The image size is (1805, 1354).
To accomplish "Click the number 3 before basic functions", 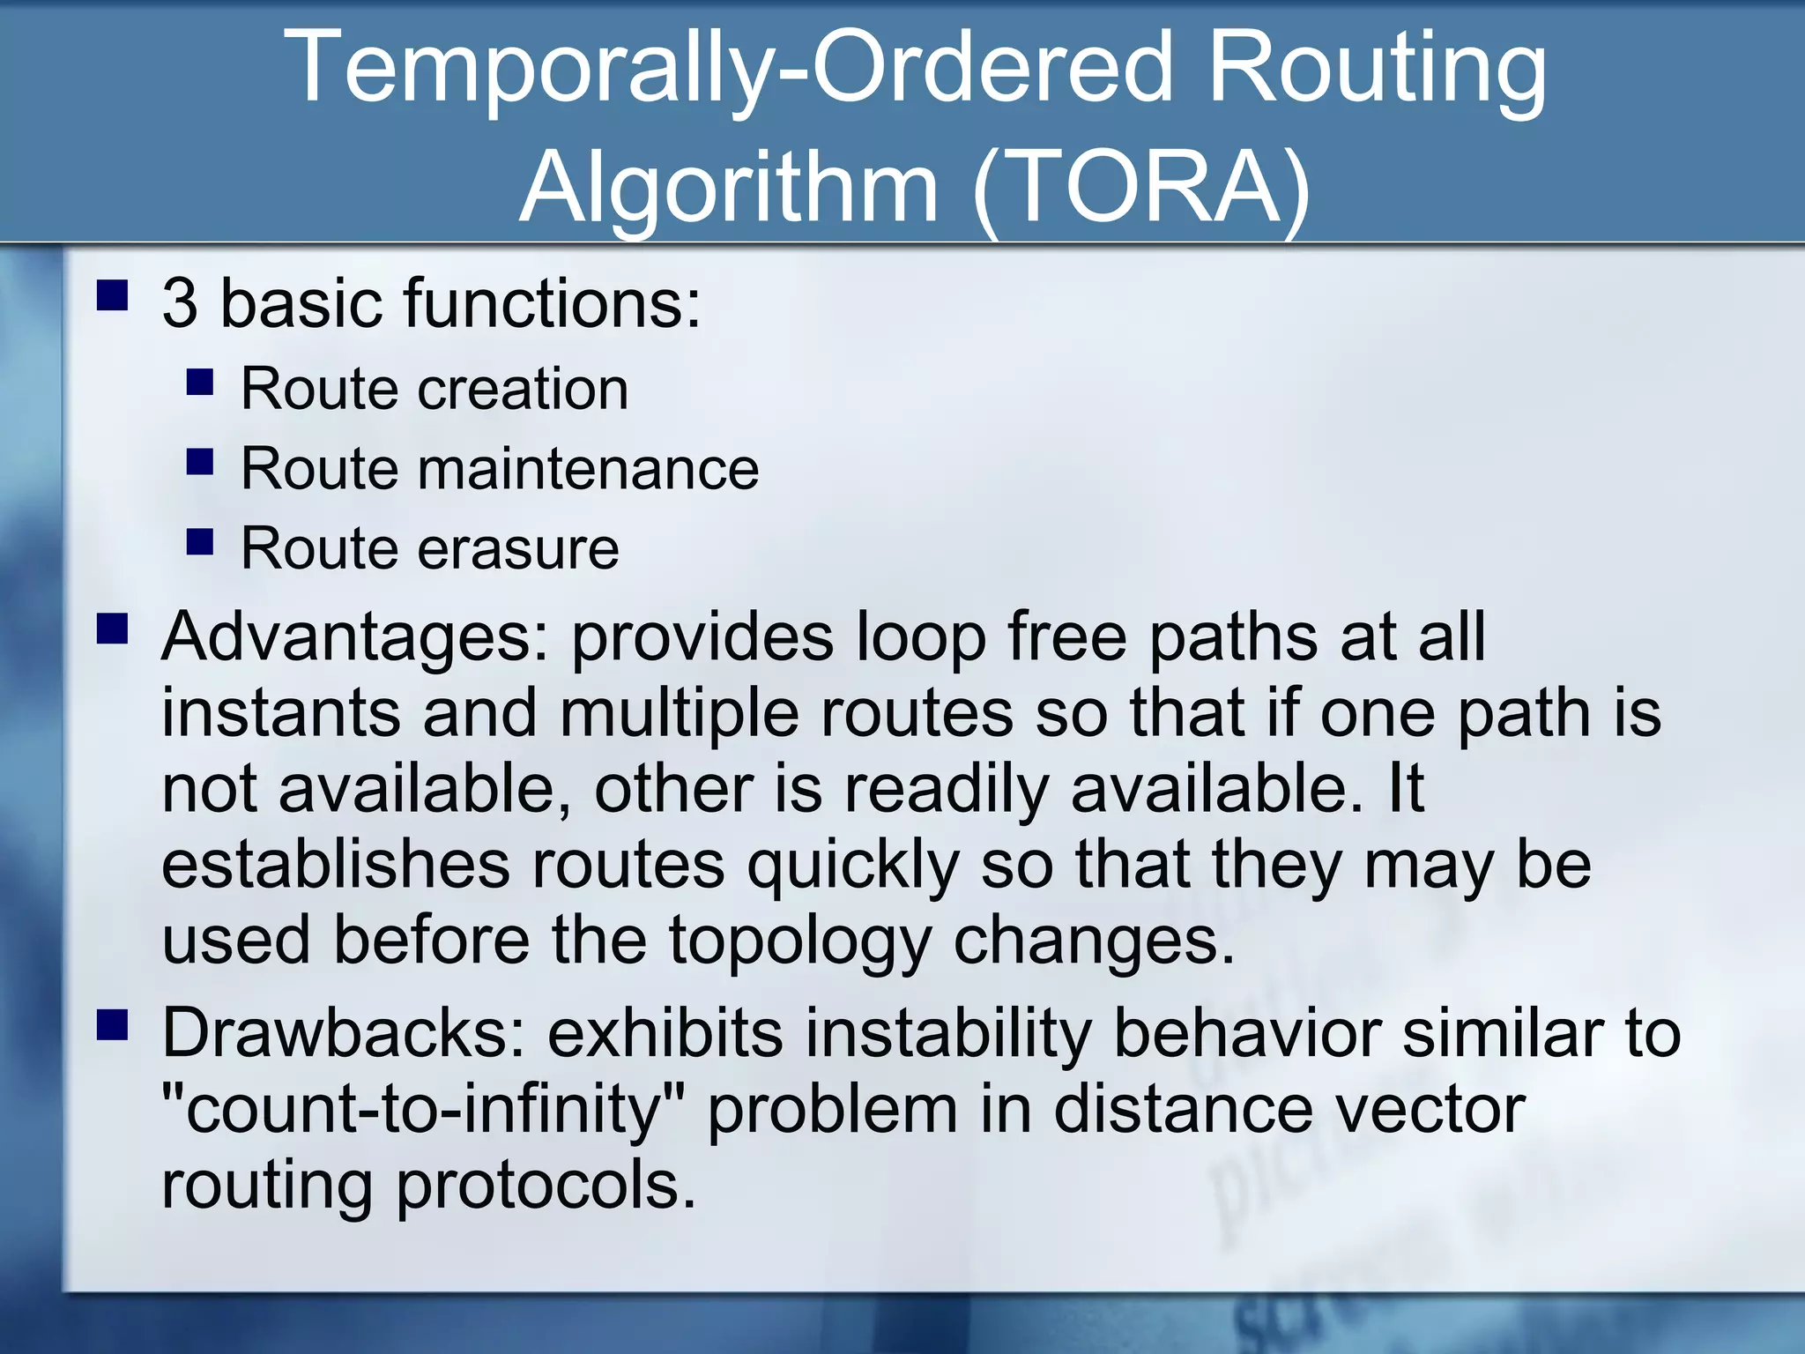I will coord(180,303).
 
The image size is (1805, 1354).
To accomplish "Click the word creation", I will coord(523,388).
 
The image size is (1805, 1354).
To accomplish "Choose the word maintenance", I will coord(588,468).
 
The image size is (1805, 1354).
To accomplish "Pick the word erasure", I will coord(518,548).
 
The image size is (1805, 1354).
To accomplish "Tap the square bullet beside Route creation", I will coord(200,382).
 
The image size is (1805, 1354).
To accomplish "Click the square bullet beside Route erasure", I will coord(200,541).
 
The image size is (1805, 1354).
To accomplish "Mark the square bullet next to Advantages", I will coord(112,629).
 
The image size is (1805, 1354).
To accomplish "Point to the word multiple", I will coord(679,712).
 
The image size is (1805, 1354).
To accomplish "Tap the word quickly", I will coord(852,865).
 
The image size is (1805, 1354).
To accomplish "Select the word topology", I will coord(799,941).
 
